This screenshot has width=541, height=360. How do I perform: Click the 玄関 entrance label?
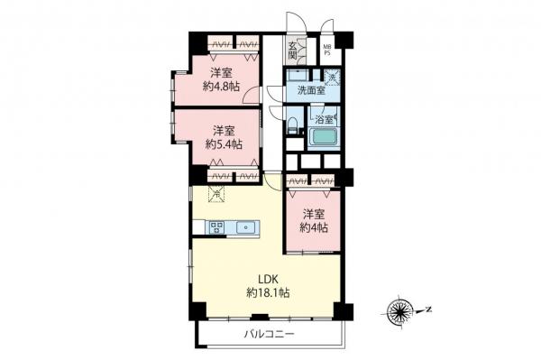point(293,50)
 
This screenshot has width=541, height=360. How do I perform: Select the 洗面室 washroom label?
point(298,89)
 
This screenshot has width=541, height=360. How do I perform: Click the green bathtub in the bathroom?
point(323,139)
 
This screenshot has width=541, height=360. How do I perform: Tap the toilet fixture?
point(293,126)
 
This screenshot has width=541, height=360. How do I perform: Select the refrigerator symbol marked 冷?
point(216,192)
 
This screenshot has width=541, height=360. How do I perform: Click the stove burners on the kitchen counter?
point(216,227)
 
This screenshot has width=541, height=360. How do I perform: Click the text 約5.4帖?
point(221,143)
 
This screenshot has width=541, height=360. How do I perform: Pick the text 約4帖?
point(314,228)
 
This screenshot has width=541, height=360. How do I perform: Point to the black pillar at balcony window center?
point(259,317)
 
